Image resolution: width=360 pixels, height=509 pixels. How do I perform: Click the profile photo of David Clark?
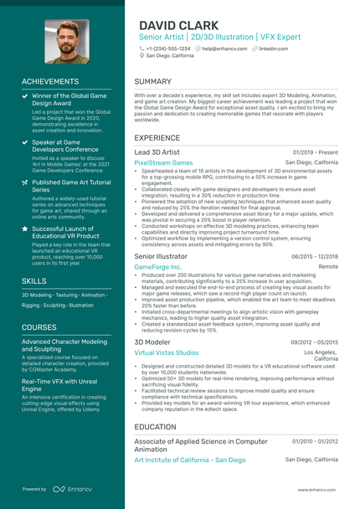(x=66, y=42)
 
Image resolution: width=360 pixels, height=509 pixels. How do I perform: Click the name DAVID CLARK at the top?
(x=178, y=25)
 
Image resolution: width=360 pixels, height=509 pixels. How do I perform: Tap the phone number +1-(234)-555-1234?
(x=167, y=49)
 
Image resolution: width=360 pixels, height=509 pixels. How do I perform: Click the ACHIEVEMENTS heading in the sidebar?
(x=50, y=81)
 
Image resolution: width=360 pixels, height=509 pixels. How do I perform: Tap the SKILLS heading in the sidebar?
(x=34, y=281)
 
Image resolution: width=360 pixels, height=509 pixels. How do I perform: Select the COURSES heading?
(x=39, y=327)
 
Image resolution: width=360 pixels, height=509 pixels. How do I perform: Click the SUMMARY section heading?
(x=153, y=82)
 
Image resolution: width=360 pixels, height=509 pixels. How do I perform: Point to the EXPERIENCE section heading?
(x=157, y=137)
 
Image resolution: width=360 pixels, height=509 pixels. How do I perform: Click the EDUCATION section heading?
(x=155, y=426)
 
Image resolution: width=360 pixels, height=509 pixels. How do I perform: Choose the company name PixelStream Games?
(x=163, y=162)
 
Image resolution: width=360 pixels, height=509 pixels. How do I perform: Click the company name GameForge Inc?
(x=157, y=266)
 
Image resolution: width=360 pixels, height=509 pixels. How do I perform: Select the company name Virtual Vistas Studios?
(x=167, y=353)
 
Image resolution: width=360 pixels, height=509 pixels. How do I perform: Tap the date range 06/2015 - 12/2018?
(x=314, y=256)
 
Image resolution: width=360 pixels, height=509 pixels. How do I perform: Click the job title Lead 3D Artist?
(x=157, y=152)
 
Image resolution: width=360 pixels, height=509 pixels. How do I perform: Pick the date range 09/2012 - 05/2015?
(x=314, y=342)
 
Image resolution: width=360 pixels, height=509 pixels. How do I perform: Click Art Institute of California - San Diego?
(x=190, y=460)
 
